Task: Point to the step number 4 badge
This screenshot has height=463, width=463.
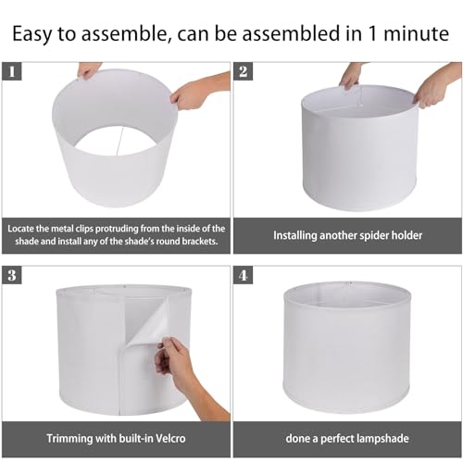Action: [244, 276]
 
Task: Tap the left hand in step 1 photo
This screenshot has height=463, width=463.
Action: [88, 70]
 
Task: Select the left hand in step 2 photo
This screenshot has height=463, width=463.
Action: [351, 75]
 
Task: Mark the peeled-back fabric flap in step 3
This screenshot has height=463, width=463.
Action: [148, 320]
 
